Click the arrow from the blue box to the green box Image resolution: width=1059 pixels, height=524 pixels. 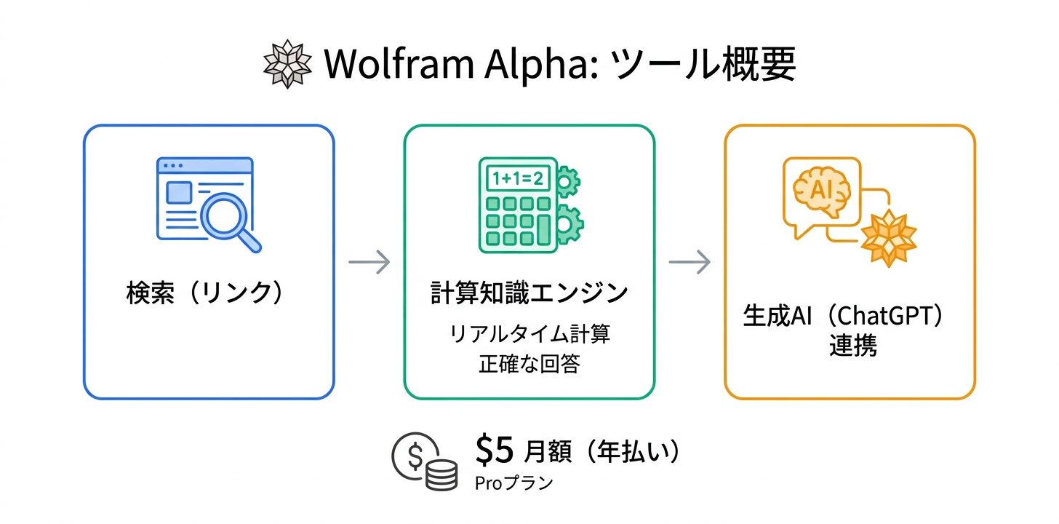pos(369,262)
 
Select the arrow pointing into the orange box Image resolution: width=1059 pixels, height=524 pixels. pos(690,262)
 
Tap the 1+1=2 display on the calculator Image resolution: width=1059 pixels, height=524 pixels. pos(517,178)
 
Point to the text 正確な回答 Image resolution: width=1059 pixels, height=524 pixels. pos(529,364)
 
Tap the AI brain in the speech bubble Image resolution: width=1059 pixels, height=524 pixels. pos(821,190)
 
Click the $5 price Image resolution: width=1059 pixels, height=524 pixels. pos(495,451)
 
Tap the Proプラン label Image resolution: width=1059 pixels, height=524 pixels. pos(513,483)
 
